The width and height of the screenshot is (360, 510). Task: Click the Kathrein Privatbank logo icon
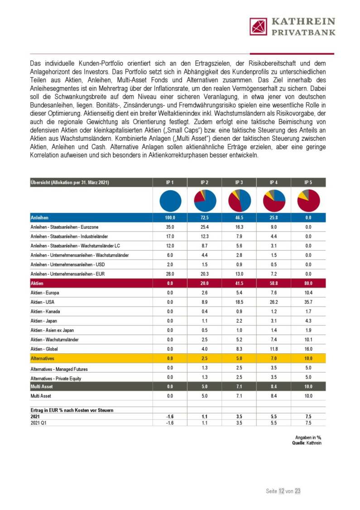pos(258,26)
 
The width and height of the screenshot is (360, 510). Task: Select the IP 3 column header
pos(239,183)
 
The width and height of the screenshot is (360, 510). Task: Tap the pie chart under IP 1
pos(170,200)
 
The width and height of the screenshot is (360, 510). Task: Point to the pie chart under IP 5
pos(308,200)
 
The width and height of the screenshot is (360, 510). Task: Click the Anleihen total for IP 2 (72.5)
pos(204,218)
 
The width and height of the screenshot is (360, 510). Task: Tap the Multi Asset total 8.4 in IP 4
pos(274,387)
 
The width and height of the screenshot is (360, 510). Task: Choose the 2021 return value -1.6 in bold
pos(170,416)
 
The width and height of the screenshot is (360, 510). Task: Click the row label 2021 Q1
pos(38,422)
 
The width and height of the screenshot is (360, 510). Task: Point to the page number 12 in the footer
pos(282,491)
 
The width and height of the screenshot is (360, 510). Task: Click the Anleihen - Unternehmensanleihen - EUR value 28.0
pos(170,273)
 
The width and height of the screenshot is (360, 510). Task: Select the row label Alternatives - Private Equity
pos(56,378)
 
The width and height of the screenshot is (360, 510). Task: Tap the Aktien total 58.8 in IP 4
pos(274,283)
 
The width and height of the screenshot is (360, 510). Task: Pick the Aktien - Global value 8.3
pos(239,348)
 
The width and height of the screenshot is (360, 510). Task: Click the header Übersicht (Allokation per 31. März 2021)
pos(70,183)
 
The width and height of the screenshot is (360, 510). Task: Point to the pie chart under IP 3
pos(239,200)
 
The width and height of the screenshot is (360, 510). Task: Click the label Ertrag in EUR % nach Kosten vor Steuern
pos(72,410)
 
